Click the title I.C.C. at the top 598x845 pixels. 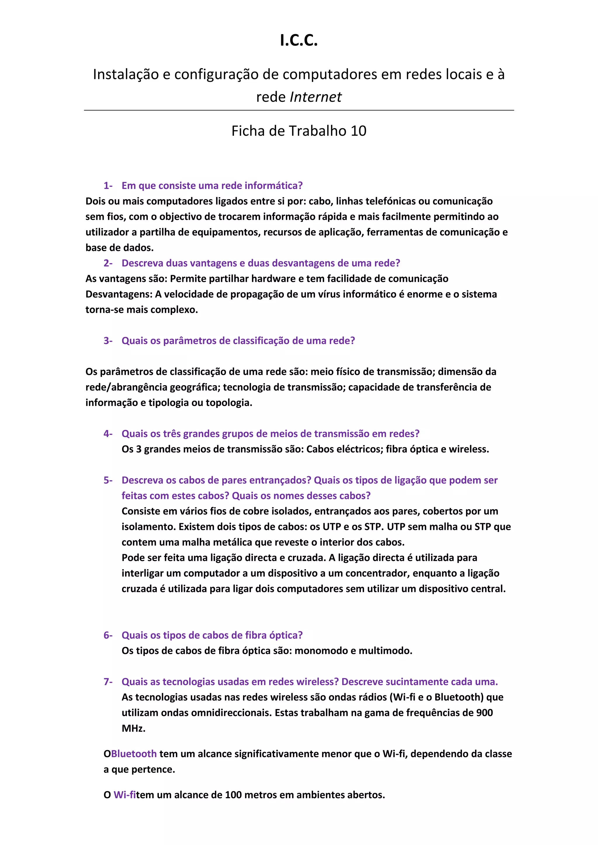[x=299, y=41]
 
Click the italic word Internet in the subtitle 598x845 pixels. [x=316, y=97]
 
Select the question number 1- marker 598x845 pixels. [x=108, y=186]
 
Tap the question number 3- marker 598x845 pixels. [x=108, y=341]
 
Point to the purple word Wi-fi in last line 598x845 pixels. [x=124, y=795]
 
